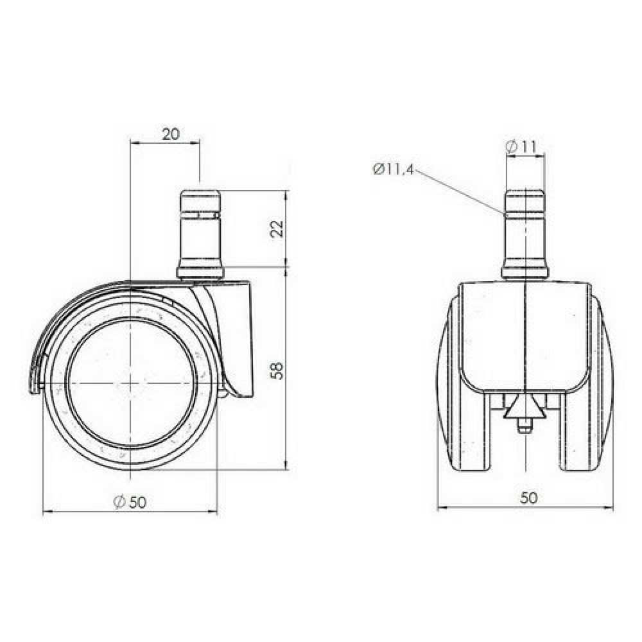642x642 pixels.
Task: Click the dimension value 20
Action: coord(170,134)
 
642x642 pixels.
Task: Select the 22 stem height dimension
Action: coord(277,229)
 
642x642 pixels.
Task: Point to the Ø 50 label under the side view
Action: coord(129,503)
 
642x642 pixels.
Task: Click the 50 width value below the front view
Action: coord(528,498)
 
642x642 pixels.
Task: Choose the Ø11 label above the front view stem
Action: coord(521,147)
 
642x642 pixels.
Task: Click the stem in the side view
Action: coord(201,231)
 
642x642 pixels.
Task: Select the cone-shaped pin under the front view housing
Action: coord(525,411)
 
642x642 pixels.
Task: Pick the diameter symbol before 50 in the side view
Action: coord(118,503)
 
